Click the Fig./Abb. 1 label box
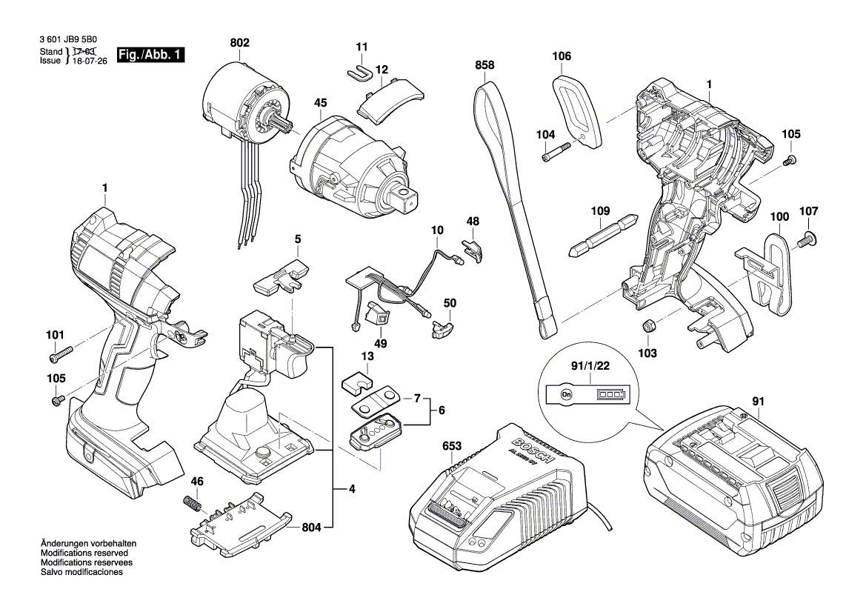pos(150,56)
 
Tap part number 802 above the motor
pos(239,43)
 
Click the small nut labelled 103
pos(647,327)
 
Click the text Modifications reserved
pos(84,553)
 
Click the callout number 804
pos(312,528)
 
